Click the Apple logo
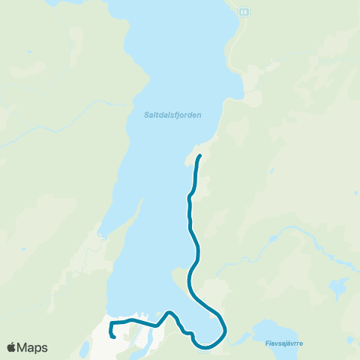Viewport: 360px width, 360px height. (x=12, y=347)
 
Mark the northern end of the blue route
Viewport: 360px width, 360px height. (x=199, y=156)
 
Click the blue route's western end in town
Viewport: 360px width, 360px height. (x=112, y=336)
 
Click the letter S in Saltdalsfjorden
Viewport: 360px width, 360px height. (x=146, y=115)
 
